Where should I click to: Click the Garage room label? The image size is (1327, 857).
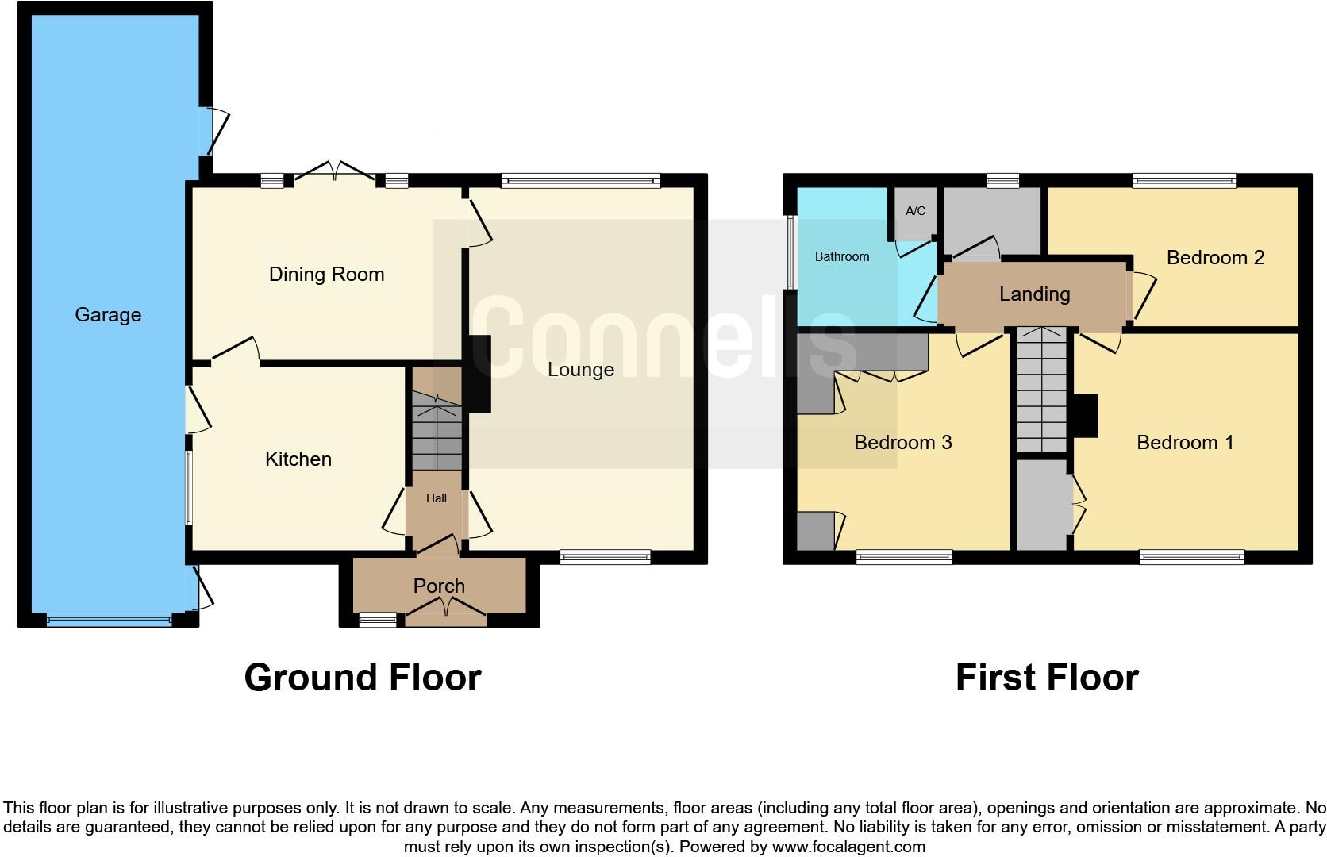click(108, 315)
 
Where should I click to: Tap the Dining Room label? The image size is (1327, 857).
click(326, 275)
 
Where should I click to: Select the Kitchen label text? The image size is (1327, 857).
click(298, 459)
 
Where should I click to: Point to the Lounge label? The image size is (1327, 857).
click(580, 370)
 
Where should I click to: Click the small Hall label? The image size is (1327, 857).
click(436, 498)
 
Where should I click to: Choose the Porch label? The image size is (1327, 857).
click(439, 586)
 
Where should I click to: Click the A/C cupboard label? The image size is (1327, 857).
click(915, 211)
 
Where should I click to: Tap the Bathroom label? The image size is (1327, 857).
click(841, 257)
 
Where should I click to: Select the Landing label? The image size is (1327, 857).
click(1034, 294)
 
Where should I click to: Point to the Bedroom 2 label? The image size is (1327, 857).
click(1214, 258)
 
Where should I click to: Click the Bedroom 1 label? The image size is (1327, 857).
click(1184, 443)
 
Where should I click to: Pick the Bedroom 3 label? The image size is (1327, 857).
click(902, 443)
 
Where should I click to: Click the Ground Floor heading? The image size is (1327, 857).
click(363, 678)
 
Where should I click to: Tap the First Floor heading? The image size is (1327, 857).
click(1046, 678)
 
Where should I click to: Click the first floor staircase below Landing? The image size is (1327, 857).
click(1041, 393)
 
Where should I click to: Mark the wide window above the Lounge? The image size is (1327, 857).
click(580, 181)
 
